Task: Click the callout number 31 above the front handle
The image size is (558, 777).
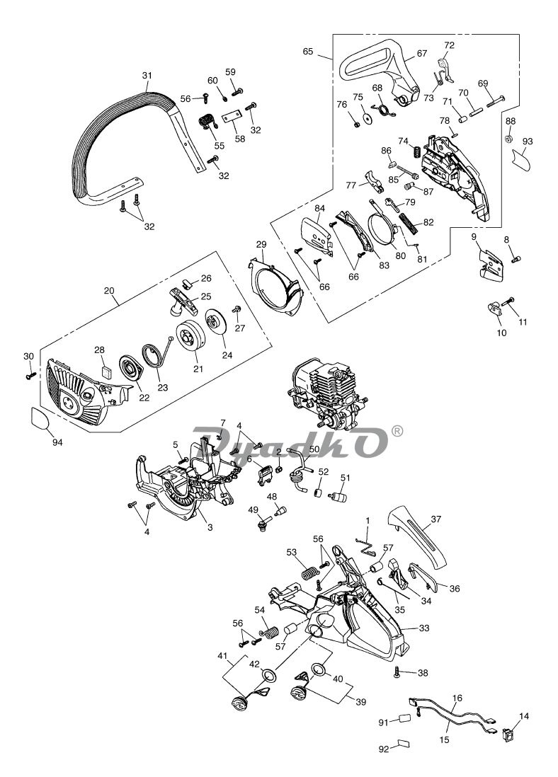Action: (x=147, y=76)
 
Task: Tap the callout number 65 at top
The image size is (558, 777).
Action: (x=308, y=51)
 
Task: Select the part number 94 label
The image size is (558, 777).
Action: (x=57, y=442)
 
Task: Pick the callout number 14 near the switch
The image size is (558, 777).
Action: (x=523, y=717)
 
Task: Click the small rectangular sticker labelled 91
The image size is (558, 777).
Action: (x=404, y=720)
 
